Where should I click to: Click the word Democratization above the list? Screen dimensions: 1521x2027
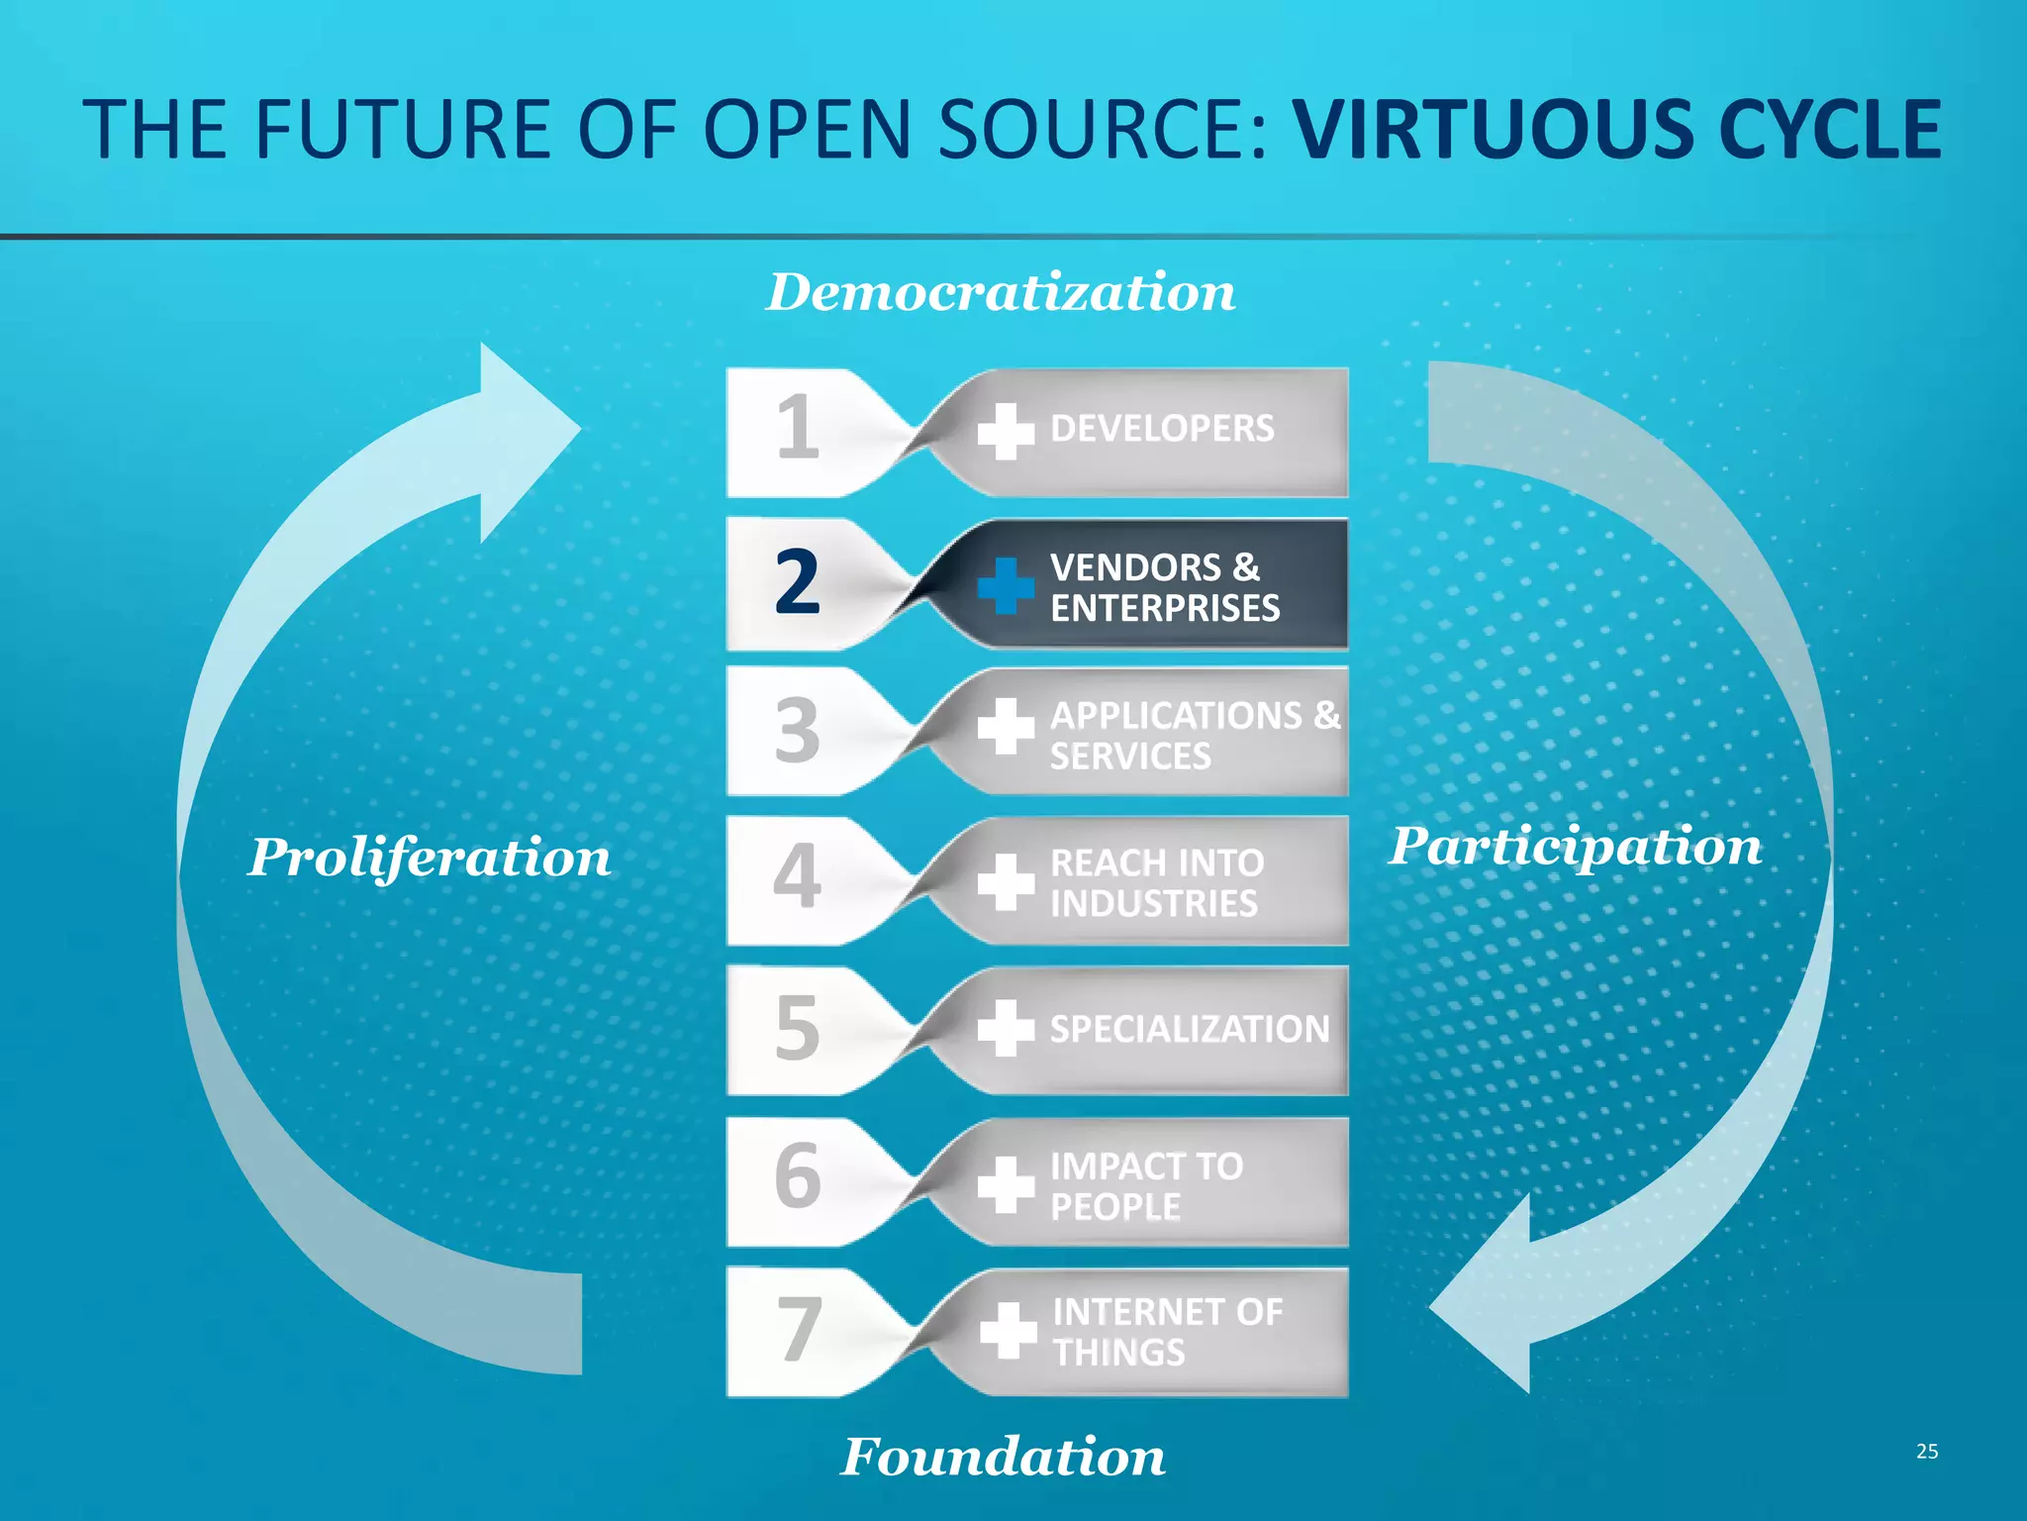[1001, 293]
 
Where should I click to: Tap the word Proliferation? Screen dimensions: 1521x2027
[430, 858]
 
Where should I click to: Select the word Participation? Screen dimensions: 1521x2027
[1575, 848]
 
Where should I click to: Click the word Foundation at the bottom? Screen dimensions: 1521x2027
[1003, 1457]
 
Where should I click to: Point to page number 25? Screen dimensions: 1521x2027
[1926, 1452]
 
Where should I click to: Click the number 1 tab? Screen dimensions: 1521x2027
[798, 428]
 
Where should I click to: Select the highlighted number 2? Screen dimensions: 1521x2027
[798, 582]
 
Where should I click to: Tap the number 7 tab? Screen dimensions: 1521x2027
[798, 1330]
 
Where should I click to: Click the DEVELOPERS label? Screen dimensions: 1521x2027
[1162, 429]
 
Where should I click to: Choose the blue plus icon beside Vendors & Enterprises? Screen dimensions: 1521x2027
[1006, 585]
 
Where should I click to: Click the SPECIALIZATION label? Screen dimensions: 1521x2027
[1190, 1030]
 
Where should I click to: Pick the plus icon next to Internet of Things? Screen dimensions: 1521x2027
[1008, 1330]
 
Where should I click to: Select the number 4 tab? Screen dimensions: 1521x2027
[798, 877]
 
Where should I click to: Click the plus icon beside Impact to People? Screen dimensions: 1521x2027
[1006, 1184]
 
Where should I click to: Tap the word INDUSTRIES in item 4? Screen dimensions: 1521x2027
[1154, 903]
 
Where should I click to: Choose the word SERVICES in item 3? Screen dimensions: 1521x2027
[1130, 757]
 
